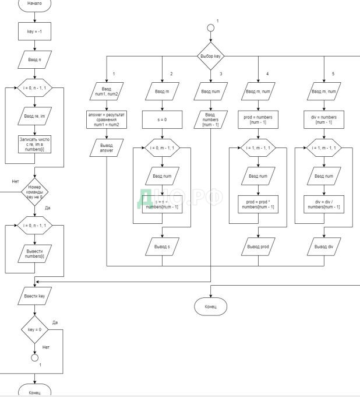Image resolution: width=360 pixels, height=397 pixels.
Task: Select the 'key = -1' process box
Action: coord(35,32)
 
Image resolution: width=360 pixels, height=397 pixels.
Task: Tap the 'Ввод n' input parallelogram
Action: coord(35,60)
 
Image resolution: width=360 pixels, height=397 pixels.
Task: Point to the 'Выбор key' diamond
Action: coord(211,56)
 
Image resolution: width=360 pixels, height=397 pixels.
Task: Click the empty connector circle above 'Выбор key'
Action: coord(211,27)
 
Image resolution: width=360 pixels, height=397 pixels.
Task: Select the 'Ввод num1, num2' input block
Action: coord(106,93)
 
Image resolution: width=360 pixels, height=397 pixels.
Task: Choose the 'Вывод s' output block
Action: coord(163,248)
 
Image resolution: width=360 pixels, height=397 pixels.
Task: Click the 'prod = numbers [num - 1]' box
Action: coord(258,121)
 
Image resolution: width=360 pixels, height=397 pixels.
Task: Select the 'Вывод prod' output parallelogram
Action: coord(258,247)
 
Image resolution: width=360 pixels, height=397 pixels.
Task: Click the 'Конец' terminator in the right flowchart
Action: coord(210,306)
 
